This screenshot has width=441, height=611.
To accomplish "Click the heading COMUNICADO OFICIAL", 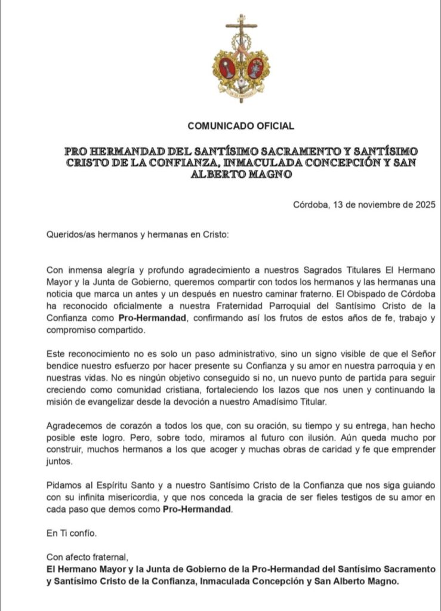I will [240, 126].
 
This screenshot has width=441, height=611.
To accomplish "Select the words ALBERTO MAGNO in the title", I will [241, 174].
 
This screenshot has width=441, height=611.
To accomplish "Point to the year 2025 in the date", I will [425, 204].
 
